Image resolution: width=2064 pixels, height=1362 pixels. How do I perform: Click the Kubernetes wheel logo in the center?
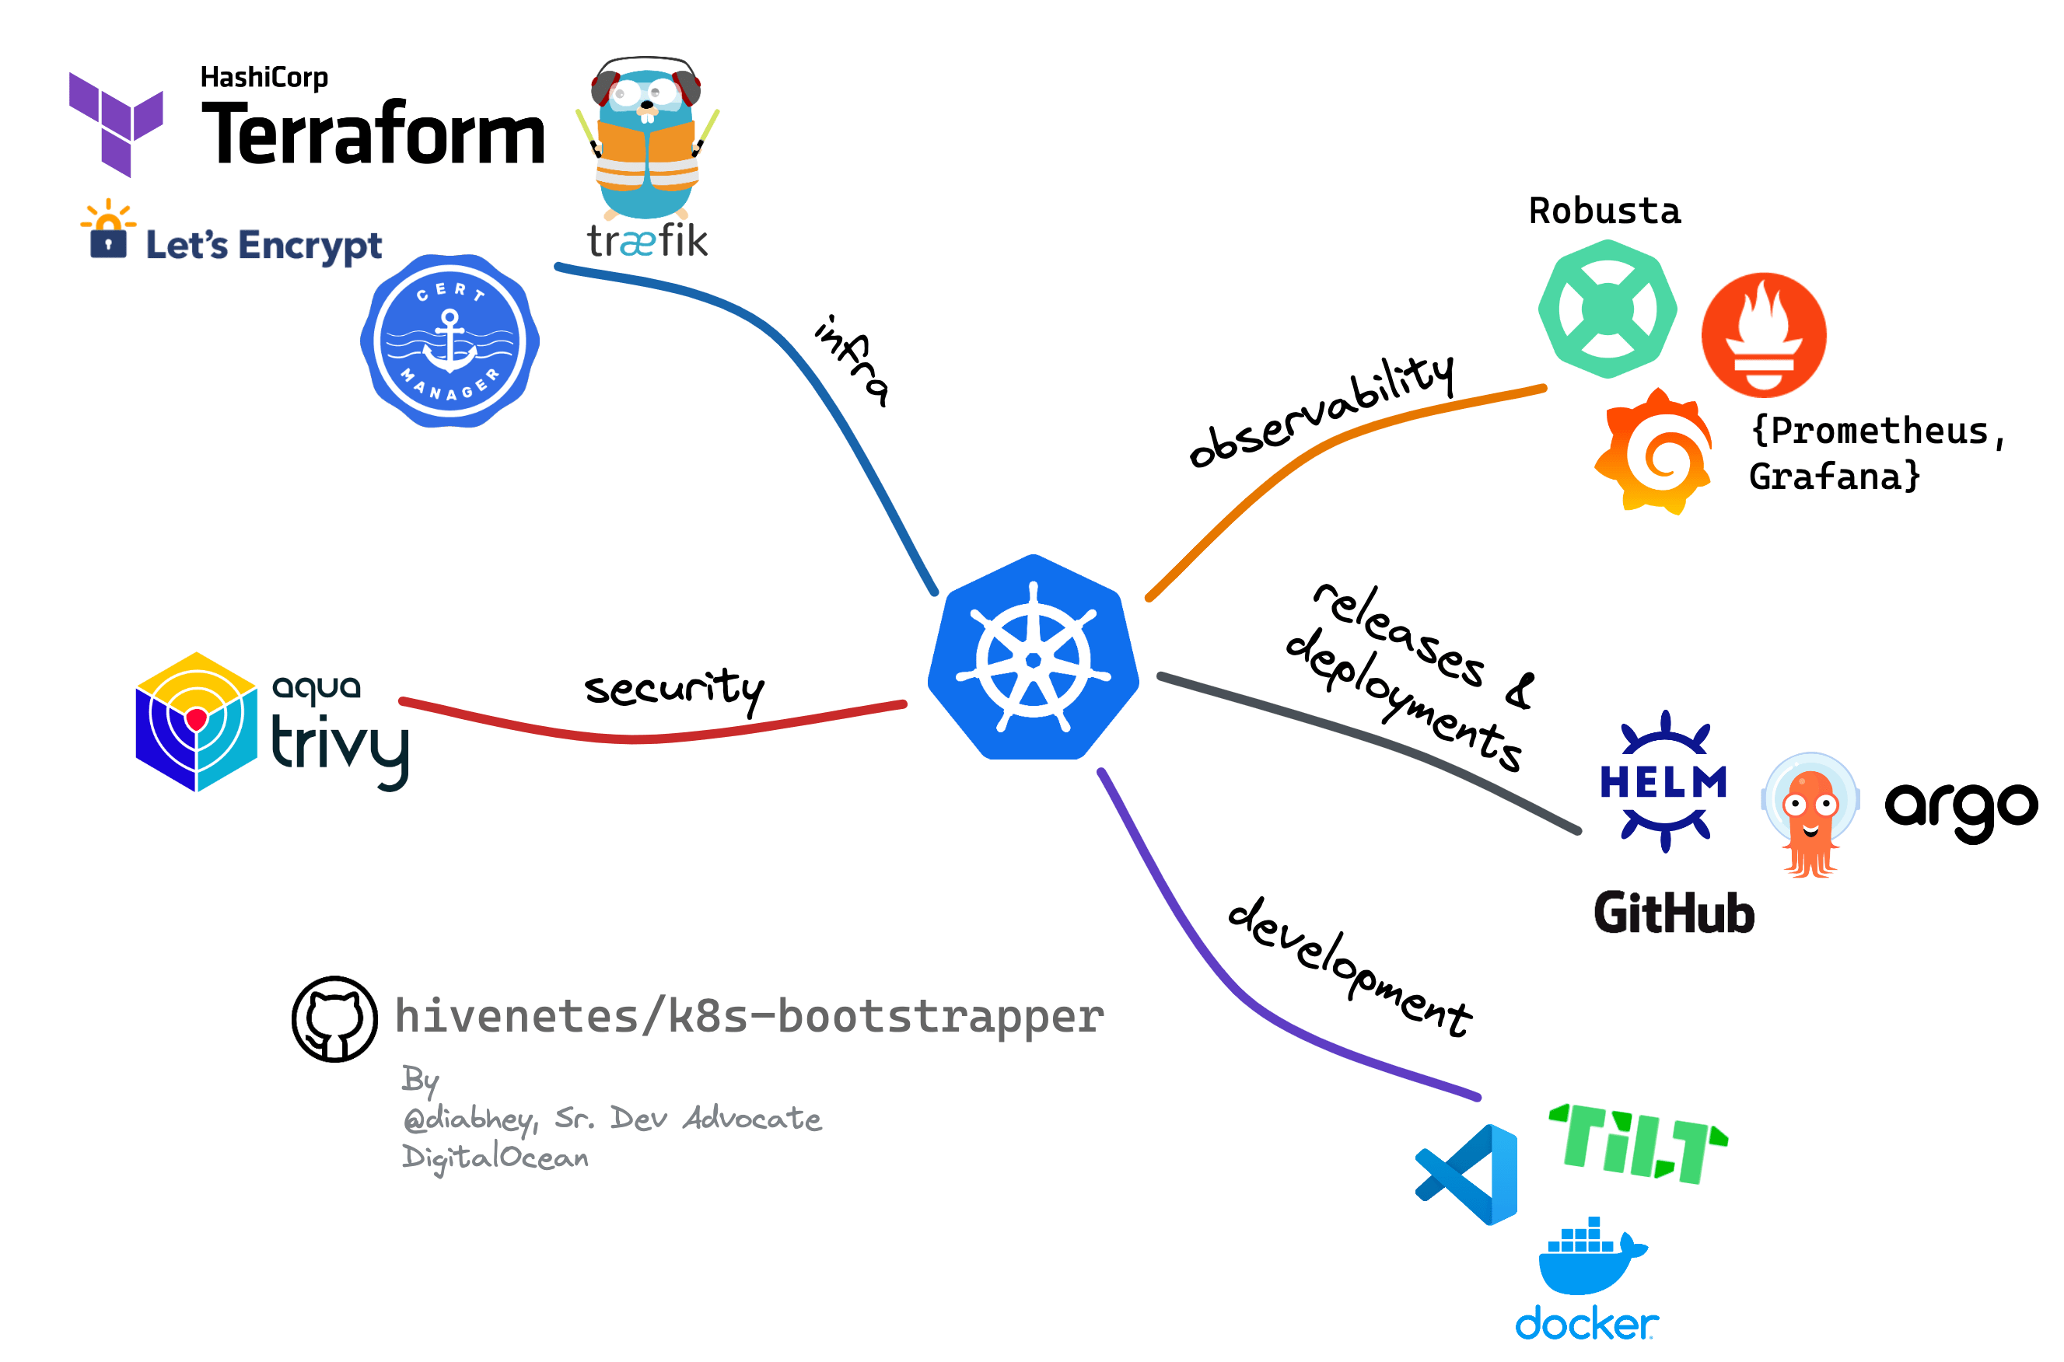click(x=1033, y=658)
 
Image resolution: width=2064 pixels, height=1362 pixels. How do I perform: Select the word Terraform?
click(x=373, y=134)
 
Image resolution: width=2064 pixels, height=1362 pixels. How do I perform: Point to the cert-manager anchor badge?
click(x=450, y=340)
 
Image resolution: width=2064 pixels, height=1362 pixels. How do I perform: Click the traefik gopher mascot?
click(x=647, y=139)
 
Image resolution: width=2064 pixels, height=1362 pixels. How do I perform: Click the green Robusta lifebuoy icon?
click(x=1607, y=309)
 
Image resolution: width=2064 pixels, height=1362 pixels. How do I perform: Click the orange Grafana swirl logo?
click(x=1655, y=452)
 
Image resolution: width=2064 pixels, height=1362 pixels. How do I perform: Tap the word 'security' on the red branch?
click(x=673, y=690)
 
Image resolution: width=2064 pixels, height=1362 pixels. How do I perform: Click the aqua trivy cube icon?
click(x=196, y=721)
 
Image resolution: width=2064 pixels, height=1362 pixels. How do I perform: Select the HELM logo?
click(x=1663, y=782)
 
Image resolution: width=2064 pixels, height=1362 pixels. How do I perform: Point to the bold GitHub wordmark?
click(x=1673, y=913)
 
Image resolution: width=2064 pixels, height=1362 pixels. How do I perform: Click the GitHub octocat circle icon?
click(x=334, y=1018)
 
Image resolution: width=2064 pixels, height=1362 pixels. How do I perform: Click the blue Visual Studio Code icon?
click(x=1468, y=1175)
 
